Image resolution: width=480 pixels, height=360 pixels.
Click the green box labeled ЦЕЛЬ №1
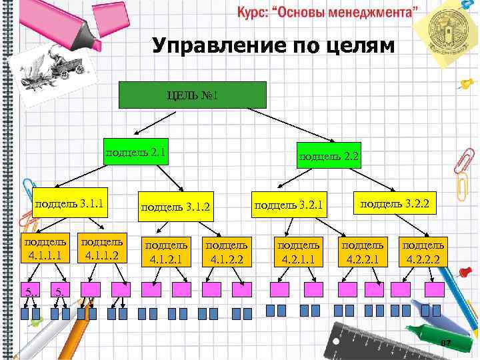tap(192, 95)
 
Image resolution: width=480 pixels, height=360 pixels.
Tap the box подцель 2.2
tap(329, 156)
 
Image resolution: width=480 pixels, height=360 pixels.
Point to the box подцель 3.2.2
tap(394, 202)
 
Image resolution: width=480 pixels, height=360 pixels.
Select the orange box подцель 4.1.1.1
tap(45, 247)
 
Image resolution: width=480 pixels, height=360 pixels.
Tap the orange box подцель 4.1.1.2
tap(101, 247)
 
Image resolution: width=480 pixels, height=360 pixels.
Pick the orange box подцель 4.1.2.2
tap(228, 251)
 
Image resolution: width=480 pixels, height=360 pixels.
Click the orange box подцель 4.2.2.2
tap(423, 251)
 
